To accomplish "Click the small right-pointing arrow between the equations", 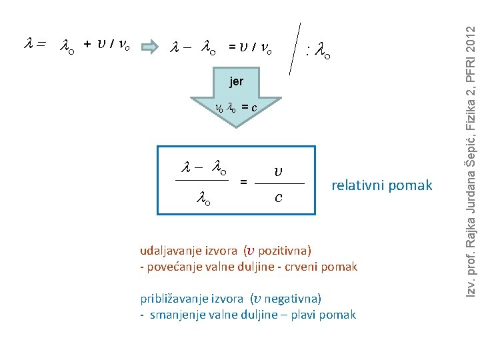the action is click(x=150, y=47).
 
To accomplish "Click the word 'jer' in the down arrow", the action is click(x=236, y=82).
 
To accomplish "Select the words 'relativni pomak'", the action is click(x=382, y=185).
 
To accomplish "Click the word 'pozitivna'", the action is click(x=284, y=251).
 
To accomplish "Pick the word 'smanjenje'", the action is click(x=175, y=314).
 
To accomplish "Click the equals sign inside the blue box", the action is click(x=243, y=181).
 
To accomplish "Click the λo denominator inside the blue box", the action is click(x=203, y=197).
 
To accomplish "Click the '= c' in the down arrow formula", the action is click(x=249, y=107).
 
